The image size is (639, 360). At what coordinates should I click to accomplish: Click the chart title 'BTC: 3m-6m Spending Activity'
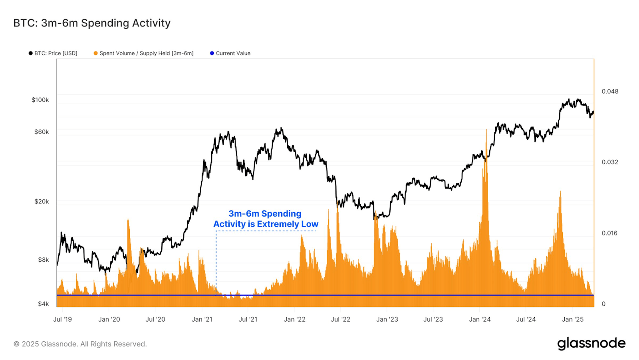(92, 23)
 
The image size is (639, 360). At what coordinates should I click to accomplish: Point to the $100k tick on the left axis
(40, 100)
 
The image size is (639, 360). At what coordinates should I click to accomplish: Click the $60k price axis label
(42, 132)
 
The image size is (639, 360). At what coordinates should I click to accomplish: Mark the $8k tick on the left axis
(43, 260)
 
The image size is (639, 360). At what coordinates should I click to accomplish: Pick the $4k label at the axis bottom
(43, 304)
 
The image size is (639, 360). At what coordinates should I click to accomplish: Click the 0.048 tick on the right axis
(610, 91)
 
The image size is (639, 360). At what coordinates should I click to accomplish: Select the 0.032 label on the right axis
(610, 162)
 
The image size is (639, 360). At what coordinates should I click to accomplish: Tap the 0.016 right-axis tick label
(609, 233)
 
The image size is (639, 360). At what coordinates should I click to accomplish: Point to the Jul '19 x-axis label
(63, 319)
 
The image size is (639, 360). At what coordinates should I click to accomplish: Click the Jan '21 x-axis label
(202, 319)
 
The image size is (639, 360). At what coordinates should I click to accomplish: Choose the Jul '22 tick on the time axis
(340, 319)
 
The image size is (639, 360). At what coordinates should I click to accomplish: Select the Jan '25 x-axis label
(572, 319)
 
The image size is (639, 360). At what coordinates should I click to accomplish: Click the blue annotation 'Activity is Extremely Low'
(266, 224)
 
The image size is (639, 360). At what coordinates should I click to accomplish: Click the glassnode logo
(591, 344)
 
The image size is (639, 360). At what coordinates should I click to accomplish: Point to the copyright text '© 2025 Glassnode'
(80, 344)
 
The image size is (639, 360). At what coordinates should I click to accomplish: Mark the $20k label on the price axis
(42, 201)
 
